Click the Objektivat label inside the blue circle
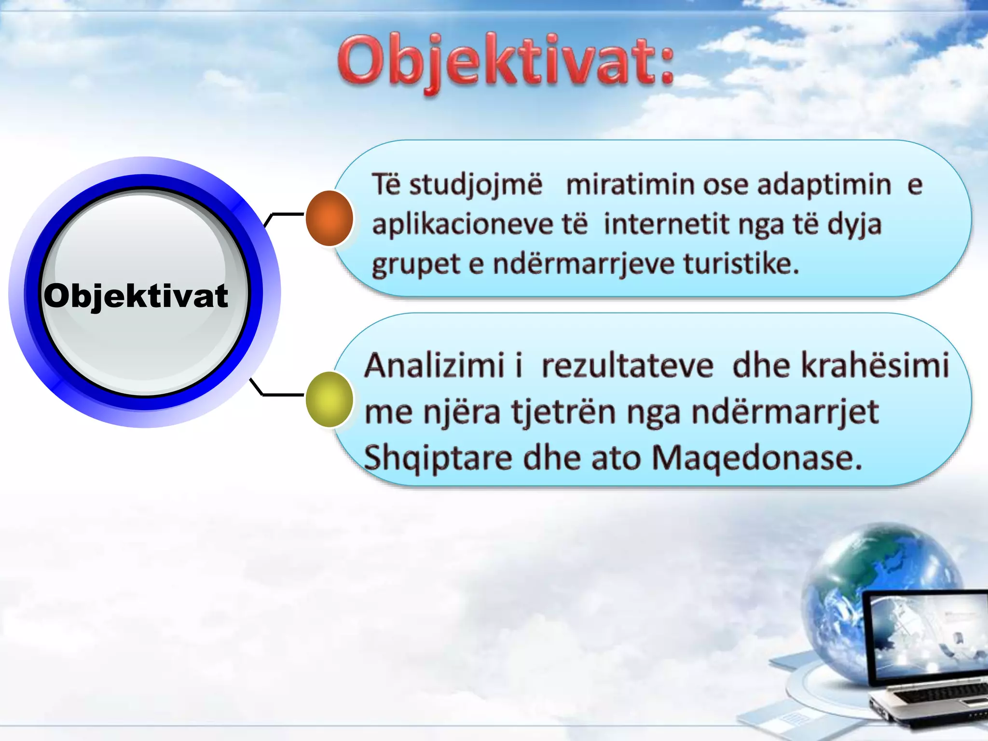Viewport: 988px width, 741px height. click(x=136, y=295)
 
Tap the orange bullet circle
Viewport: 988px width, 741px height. click(x=329, y=218)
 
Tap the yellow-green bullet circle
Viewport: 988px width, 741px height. click(x=329, y=399)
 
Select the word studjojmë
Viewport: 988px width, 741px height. click(x=476, y=185)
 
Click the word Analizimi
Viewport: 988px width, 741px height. click(x=434, y=365)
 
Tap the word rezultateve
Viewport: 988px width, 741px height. click(x=627, y=366)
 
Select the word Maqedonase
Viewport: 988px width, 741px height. click(x=756, y=458)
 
